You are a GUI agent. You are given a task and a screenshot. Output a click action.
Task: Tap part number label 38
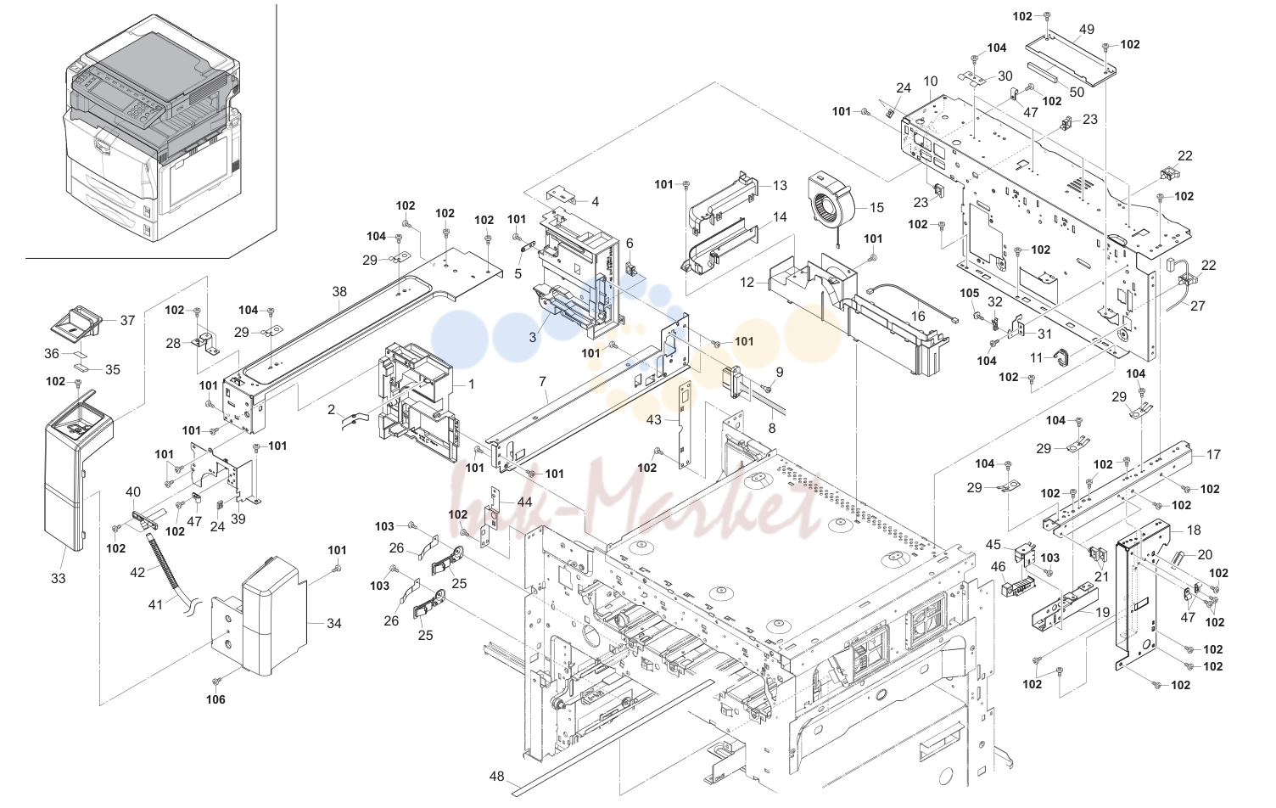click(x=339, y=292)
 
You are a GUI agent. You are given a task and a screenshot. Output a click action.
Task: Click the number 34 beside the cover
click(x=334, y=623)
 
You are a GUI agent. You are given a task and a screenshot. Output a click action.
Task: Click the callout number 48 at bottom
click(x=496, y=776)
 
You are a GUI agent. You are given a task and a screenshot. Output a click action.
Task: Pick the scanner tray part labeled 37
click(x=76, y=323)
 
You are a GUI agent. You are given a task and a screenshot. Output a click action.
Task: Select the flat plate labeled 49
click(x=1071, y=61)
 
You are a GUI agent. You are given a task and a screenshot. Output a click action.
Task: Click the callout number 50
click(x=1076, y=92)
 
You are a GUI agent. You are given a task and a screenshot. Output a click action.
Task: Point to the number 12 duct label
click(x=747, y=283)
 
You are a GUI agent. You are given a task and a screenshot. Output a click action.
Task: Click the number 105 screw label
click(x=969, y=294)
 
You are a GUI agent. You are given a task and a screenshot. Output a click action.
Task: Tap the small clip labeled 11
click(x=1061, y=356)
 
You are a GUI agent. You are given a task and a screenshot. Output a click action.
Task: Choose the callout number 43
click(x=654, y=420)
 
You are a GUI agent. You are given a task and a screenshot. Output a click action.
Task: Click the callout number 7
click(x=542, y=380)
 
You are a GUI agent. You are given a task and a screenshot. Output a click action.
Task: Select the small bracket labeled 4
click(x=562, y=195)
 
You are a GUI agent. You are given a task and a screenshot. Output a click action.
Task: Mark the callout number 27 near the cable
click(x=1198, y=306)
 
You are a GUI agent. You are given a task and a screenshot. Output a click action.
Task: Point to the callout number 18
click(x=1194, y=530)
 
